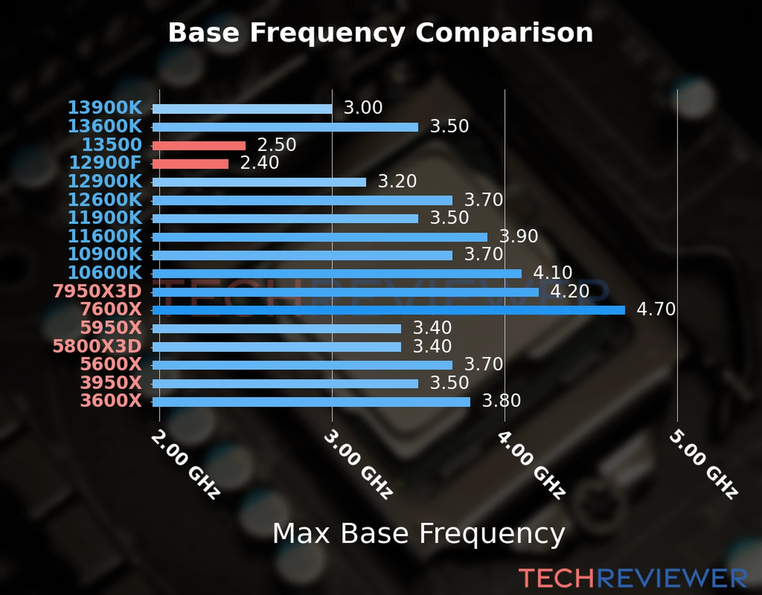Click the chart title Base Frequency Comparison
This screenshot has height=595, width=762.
click(381, 33)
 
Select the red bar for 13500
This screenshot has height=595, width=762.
click(199, 145)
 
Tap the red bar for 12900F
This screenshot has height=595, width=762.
click(190, 164)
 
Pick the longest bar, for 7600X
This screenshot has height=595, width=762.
click(388, 310)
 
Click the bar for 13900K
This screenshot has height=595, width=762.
click(242, 109)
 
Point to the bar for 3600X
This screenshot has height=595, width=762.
click(311, 402)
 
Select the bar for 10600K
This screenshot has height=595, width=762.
click(337, 274)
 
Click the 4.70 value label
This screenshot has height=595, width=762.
click(656, 309)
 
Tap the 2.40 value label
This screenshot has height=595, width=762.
click(259, 163)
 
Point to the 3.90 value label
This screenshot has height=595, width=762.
click(518, 236)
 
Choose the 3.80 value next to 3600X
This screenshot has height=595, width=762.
click(502, 401)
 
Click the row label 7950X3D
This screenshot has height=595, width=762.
click(97, 291)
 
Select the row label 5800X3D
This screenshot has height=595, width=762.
click(97, 346)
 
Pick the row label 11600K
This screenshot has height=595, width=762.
click(105, 236)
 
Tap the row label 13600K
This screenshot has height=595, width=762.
click(105, 126)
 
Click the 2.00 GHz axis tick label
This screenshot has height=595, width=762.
click(186, 464)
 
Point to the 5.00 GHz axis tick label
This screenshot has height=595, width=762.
click(703, 464)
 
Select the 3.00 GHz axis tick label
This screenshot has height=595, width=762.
click(358, 464)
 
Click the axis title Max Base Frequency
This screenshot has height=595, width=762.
click(419, 534)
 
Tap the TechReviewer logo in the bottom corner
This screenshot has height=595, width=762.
click(633, 578)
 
